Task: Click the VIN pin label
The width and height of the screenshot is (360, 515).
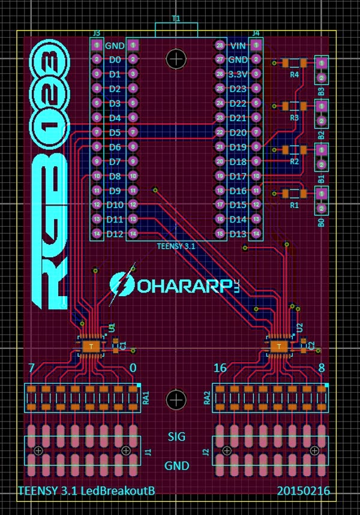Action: [238, 46]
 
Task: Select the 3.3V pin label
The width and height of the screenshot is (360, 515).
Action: [238, 74]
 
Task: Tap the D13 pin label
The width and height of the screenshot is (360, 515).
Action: [238, 234]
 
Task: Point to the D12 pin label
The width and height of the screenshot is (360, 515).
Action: [115, 234]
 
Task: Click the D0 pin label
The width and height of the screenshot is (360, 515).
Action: [114, 60]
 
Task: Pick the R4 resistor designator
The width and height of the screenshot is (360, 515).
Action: [294, 75]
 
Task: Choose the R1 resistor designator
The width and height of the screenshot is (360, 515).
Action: [294, 205]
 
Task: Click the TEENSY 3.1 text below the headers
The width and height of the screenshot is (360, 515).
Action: [176, 246]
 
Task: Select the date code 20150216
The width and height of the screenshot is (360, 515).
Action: [304, 491]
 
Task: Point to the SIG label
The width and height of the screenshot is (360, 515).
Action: [176, 436]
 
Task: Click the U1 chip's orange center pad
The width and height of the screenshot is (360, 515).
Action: [91, 347]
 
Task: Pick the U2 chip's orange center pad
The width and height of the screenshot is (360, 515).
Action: [278, 347]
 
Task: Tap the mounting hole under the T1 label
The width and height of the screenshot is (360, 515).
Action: [176, 59]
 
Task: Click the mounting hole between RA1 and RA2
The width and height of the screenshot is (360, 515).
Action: [176, 399]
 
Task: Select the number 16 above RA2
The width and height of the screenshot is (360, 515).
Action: [220, 368]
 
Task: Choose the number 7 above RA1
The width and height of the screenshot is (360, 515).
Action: [32, 368]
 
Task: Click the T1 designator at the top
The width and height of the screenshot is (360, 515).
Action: [176, 19]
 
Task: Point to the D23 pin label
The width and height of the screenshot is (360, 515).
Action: [238, 89]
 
